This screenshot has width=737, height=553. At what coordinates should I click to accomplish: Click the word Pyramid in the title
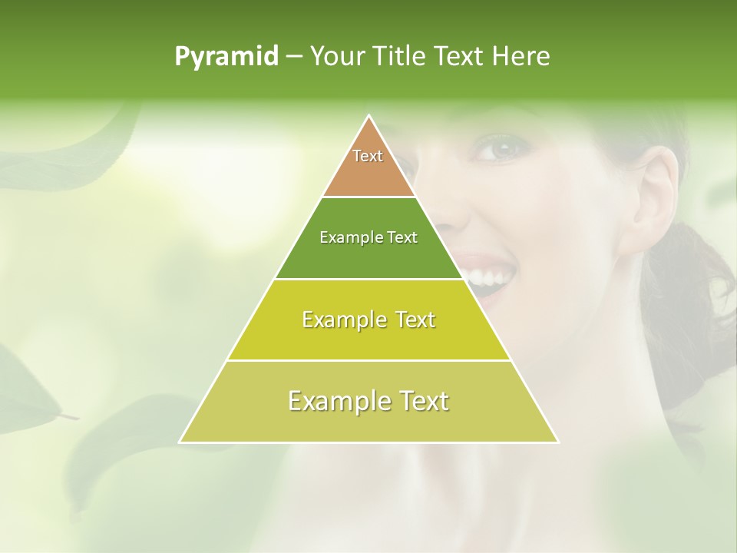click(226, 57)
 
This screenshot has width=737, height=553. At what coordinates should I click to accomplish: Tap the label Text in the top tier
click(368, 156)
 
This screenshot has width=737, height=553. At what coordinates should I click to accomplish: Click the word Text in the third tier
click(412, 320)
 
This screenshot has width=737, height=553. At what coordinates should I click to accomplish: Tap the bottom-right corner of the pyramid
click(557, 442)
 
